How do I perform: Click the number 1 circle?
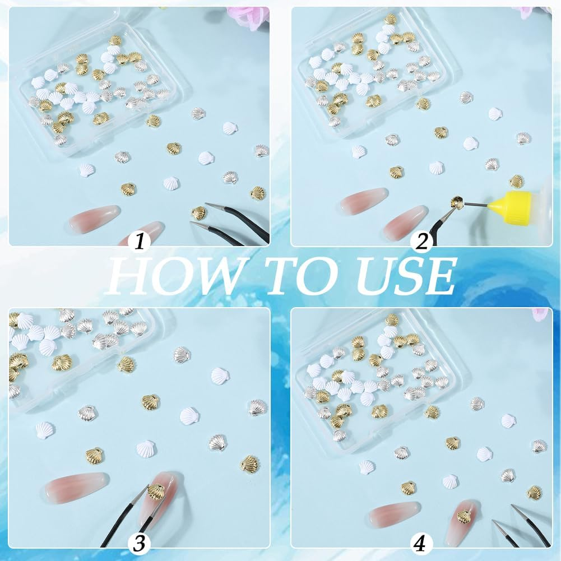click(140, 242)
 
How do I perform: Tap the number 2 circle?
click(421, 242)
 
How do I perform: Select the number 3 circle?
click(140, 543)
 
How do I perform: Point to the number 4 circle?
click(421, 543)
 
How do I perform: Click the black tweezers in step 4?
click(530, 524)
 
